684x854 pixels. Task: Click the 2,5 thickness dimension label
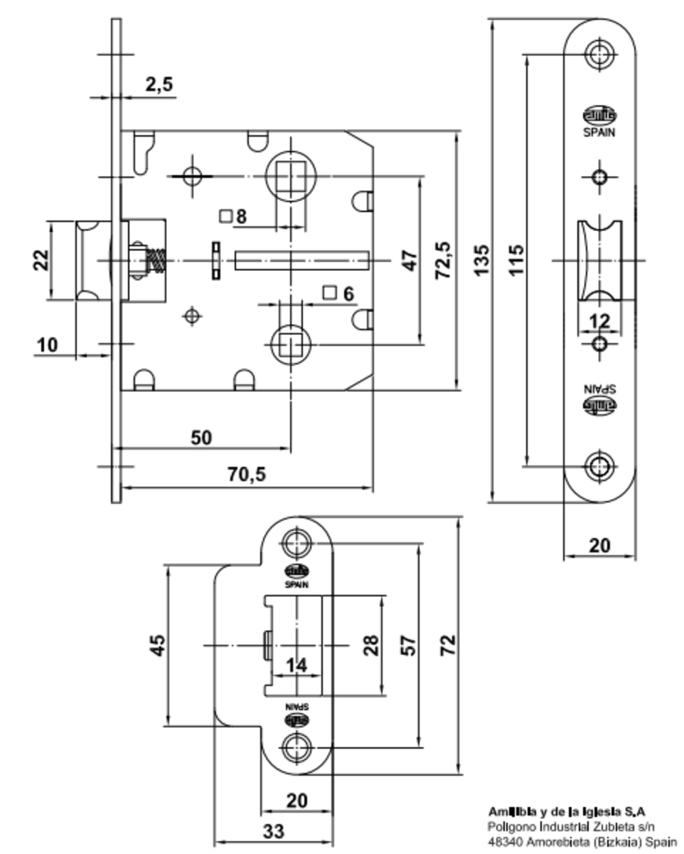point(159,84)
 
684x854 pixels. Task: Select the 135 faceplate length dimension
point(481,260)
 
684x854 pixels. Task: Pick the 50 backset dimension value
point(202,437)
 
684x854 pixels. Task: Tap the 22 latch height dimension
point(41,260)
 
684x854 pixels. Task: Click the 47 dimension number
point(409,260)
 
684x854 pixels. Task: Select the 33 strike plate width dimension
point(273,831)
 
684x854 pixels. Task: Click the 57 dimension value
point(408,645)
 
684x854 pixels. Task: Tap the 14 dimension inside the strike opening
point(296,666)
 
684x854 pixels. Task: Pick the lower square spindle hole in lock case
point(289,344)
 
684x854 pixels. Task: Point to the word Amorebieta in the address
point(554,840)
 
